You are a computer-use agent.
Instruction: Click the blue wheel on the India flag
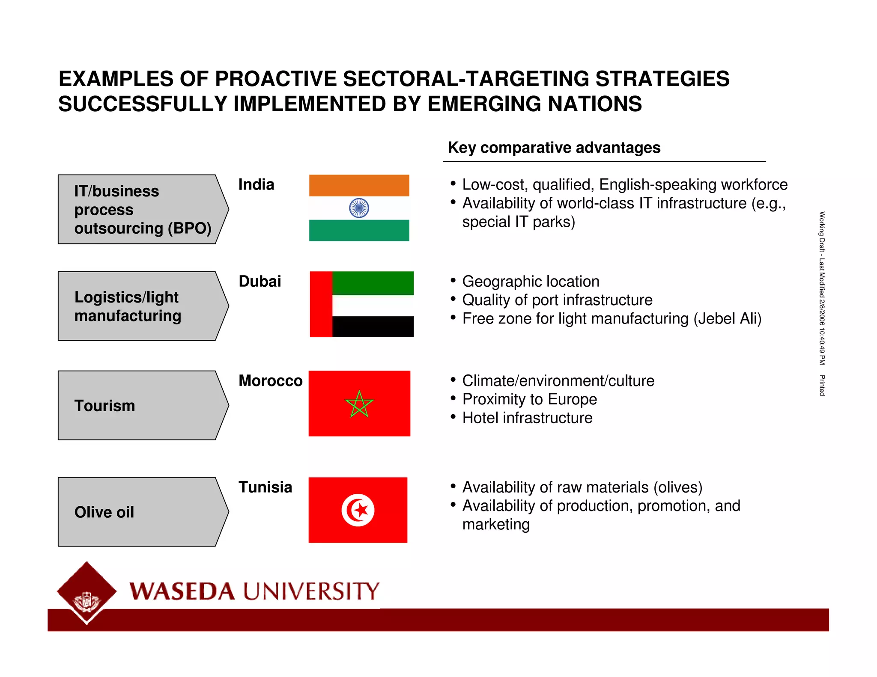(359, 208)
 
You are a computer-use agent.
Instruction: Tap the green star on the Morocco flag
(359, 404)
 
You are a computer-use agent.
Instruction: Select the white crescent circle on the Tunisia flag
(358, 510)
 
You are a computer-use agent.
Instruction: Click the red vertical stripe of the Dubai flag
(321, 304)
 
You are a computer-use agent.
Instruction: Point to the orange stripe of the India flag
(359, 185)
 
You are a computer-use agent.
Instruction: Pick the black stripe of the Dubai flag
(373, 327)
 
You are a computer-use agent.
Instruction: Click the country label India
(256, 184)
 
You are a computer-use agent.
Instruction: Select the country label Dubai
(260, 281)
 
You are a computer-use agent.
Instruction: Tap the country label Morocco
(270, 380)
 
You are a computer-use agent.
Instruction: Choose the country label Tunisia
(265, 487)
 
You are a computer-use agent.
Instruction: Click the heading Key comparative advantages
(554, 148)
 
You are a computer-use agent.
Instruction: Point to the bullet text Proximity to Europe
(529, 399)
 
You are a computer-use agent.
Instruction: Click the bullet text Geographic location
(531, 282)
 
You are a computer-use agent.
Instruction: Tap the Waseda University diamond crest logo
(87, 592)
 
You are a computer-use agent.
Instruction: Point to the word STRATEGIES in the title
(662, 79)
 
